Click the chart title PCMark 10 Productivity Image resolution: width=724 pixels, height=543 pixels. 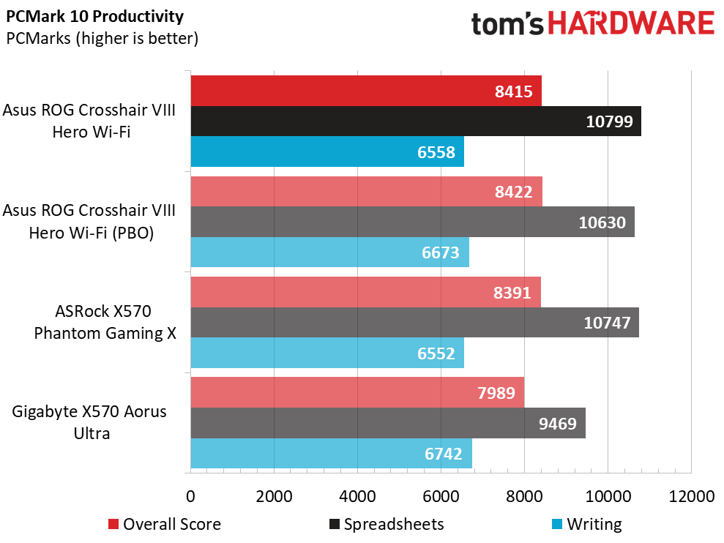[94, 17]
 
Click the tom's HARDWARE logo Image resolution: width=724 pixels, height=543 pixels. [592, 23]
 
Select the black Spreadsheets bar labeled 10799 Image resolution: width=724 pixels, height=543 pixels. [416, 121]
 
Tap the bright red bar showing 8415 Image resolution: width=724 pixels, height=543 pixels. [366, 91]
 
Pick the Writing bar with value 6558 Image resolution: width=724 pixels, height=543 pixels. [327, 151]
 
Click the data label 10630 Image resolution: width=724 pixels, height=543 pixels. [602, 222]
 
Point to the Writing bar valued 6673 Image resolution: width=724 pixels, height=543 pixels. [330, 252]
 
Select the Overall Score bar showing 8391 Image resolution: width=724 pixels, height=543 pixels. [366, 292]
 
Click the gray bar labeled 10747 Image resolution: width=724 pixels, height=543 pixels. [415, 322]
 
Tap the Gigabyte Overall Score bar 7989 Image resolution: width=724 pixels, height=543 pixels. [357, 392]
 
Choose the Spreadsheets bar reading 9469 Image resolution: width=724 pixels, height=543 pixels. [388, 423]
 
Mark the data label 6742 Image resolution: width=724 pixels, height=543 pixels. [444, 454]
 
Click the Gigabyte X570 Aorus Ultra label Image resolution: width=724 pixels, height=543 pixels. [89, 422]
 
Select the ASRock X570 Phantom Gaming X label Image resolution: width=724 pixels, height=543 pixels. [105, 322]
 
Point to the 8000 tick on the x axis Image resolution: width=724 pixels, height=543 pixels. [524, 496]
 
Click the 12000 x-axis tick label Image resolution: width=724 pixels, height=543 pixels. [692, 496]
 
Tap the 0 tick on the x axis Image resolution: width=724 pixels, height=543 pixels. [190, 496]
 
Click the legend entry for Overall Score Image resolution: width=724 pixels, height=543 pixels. [165, 524]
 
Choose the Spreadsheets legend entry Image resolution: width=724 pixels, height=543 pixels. [387, 524]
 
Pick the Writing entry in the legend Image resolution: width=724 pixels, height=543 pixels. [587, 524]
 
